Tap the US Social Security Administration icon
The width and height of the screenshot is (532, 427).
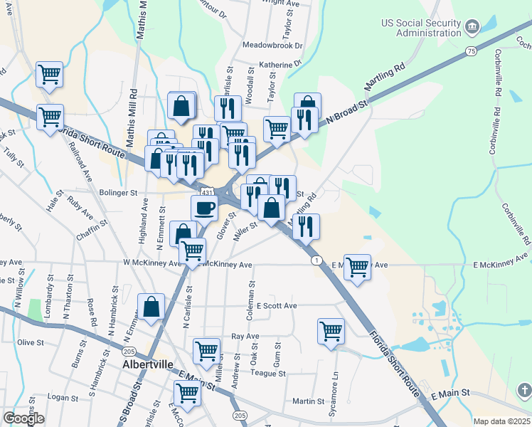click(x=472, y=28)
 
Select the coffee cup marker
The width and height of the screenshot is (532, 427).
click(x=204, y=208)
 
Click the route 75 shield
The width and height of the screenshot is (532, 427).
click(x=471, y=51)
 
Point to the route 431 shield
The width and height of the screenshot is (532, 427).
click(x=206, y=192)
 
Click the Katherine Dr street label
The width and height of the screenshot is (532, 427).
click(x=271, y=64)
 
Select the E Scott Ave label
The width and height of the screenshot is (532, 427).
click(x=277, y=305)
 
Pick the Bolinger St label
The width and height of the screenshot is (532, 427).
click(x=118, y=193)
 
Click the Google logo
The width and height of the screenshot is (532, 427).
click(x=24, y=418)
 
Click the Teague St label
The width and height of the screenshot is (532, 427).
click(x=268, y=373)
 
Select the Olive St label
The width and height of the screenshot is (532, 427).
click(x=31, y=342)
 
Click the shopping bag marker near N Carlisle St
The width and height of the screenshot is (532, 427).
click(x=151, y=307)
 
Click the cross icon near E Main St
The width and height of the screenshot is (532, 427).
click(x=523, y=391)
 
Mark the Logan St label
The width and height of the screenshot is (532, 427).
click(x=62, y=396)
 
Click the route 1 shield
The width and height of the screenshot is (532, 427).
click(x=314, y=260)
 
